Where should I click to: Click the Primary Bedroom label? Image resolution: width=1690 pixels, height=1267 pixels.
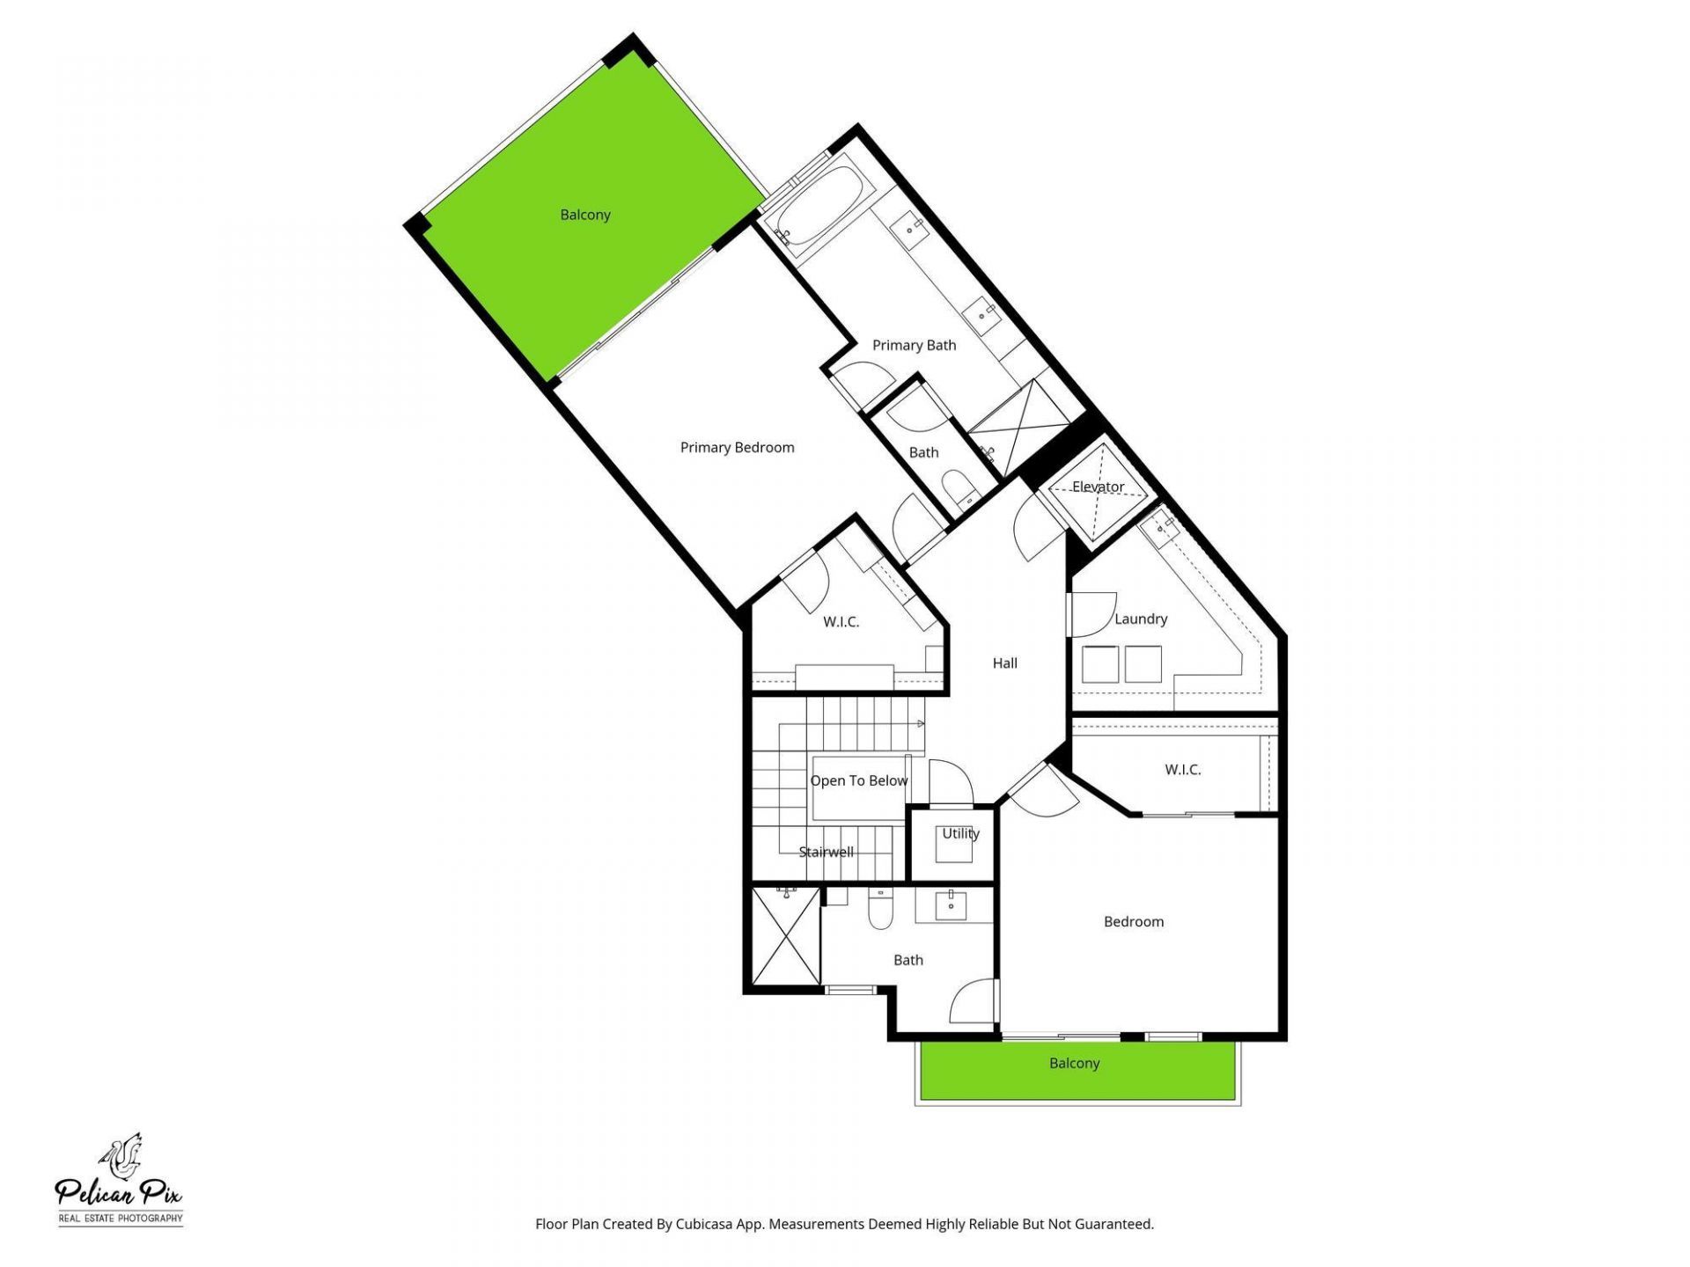(737, 448)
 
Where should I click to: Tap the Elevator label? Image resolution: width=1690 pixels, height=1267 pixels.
(1098, 487)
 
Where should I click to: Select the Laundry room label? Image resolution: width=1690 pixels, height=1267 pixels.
(1141, 619)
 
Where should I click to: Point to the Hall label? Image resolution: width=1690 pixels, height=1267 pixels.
(1004, 663)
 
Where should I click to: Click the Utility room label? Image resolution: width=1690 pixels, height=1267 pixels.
(960, 833)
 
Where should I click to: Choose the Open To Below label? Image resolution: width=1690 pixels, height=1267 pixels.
(858, 780)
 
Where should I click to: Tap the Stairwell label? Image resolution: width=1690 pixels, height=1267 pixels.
(826, 852)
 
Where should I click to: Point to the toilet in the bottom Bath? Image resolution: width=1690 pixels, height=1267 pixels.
(880, 910)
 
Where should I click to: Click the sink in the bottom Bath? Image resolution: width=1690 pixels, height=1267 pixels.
(951, 903)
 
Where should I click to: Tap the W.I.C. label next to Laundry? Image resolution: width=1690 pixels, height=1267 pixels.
(1182, 770)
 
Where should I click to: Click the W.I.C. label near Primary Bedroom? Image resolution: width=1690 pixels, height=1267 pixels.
(841, 622)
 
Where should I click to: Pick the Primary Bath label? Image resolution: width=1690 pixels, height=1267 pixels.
(914, 345)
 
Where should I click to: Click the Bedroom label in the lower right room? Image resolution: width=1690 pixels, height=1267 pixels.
(1133, 922)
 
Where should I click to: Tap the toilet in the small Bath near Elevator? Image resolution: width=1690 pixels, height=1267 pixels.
(956, 485)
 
